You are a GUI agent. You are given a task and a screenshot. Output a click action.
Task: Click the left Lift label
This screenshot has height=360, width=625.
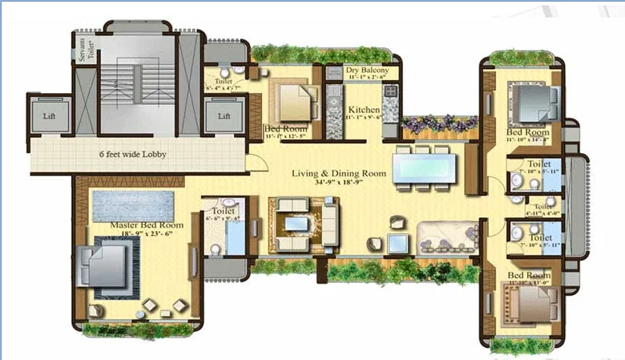coord(49,115)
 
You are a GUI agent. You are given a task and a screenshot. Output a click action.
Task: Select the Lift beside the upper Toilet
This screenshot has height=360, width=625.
coord(224,115)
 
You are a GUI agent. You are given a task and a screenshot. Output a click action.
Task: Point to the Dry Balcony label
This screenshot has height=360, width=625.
coord(368,71)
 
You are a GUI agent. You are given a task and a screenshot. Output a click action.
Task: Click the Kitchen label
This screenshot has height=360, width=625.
coord(362,110)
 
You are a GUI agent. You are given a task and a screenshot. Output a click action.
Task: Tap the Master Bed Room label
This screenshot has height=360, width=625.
coord(147,226)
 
